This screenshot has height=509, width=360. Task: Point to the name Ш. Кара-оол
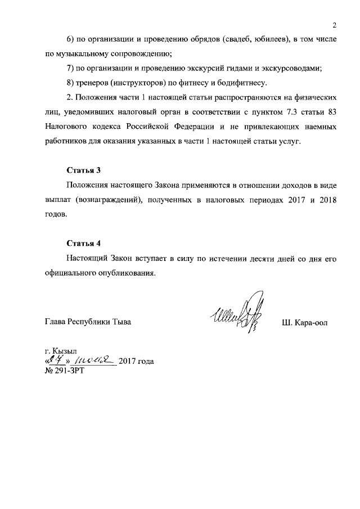pos(304,323)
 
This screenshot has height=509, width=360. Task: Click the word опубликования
pos(125,273)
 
